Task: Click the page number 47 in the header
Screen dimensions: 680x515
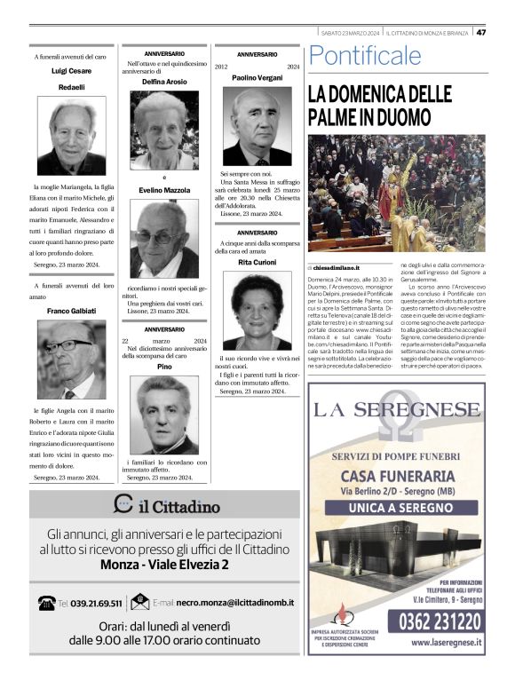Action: pyautogui.click(x=480, y=33)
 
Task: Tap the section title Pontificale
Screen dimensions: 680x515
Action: pyautogui.click(x=365, y=57)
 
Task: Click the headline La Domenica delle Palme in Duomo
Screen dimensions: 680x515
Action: pyautogui.click(x=380, y=106)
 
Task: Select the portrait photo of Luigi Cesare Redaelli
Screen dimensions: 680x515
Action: pyautogui.click(x=71, y=135)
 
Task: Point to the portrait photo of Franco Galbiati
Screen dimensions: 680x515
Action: pyautogui.click(x=71, y=360)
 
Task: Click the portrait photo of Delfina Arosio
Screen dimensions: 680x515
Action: pyautogui.click(x=164, y=130)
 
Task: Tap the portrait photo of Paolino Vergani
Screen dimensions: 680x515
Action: pyautogui.click(x=257, y=126)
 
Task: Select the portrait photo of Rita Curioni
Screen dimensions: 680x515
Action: pyautogui.click(x=257, y=312)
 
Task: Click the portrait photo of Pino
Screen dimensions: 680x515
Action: pyautogui.click(x=164, y=415)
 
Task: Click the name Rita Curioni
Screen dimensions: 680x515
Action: pyautogui.click(x=257, y=263)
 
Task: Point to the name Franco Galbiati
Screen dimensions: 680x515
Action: pyautogui.click(x=71, y=311)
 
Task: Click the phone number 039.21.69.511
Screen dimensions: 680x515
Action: pyautogui.click(x=91, y=603)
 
